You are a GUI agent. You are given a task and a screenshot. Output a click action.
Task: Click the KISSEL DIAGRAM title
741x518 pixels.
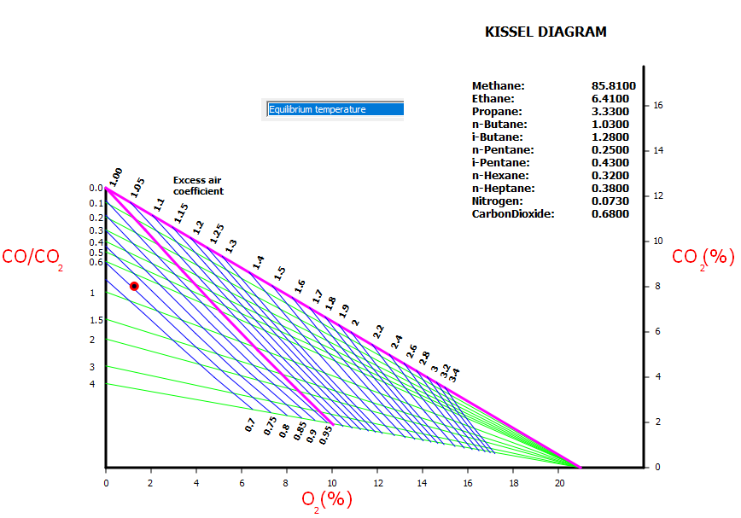pos(546,32)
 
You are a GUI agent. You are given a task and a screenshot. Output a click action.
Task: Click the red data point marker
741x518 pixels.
pos(134,286)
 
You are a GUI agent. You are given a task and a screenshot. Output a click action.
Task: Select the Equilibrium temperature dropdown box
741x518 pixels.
pos(335,109)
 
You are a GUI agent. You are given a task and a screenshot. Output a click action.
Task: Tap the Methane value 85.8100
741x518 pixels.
pos(613,86)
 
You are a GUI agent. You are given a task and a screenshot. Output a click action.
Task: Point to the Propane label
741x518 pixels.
pos(497,112)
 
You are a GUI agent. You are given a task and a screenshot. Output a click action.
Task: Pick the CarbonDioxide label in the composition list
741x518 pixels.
pos(513,214)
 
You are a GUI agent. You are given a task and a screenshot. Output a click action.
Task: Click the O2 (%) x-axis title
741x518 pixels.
pos(326,499)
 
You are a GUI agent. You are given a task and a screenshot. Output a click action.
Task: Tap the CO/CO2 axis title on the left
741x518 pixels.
pos(32,257)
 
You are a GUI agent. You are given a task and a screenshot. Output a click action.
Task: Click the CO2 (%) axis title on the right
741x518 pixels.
pos(703,257)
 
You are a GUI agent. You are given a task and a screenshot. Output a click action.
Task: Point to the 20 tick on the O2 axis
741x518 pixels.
pos(558,483)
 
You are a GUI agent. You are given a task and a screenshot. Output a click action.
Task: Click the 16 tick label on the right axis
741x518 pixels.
pos(658,106)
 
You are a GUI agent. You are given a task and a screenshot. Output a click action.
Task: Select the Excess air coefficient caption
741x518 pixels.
pos(198,186)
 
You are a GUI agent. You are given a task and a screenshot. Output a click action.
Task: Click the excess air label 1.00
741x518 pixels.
pos(115,178)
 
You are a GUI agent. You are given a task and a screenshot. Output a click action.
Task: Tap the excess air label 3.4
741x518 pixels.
pos(455,374)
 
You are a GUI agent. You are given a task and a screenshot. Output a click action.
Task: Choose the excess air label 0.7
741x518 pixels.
pos(250,425)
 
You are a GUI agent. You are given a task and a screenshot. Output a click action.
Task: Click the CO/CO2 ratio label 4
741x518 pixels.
pos(92,384)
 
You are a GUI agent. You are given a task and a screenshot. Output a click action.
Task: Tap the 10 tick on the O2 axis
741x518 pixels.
pos(332,483)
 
